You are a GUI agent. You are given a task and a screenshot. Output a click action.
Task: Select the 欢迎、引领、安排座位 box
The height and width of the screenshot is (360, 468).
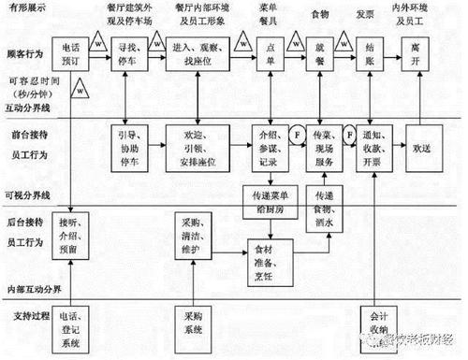coord(198,146)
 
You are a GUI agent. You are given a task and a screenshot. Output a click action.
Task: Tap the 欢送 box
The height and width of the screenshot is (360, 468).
coord(428,146)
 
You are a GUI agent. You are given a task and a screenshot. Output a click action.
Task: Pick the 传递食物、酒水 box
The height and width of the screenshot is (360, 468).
coord(323,203)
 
